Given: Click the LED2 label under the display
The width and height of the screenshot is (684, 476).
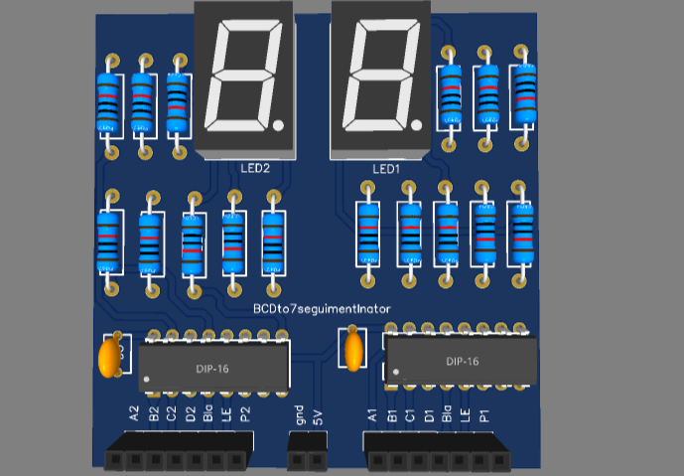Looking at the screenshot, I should click(x=255, y=169).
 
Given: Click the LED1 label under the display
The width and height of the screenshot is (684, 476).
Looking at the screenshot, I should click(x=386, y=169).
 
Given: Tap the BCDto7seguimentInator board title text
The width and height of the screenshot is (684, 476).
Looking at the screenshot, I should click(x=322, y=309).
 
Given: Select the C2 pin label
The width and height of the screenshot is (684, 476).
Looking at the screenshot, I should click(x=172, y=413).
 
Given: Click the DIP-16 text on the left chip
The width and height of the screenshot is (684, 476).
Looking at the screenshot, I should click(x=210, y=369).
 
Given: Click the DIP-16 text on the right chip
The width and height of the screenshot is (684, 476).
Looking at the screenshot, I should click(x=463, y=362).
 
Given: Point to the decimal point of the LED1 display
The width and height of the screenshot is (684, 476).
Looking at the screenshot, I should click(x=417, y=125).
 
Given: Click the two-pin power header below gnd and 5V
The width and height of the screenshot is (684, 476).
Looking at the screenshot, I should click(x=308, y=460).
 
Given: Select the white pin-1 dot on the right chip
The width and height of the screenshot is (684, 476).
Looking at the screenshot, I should click(x=395, y=373).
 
